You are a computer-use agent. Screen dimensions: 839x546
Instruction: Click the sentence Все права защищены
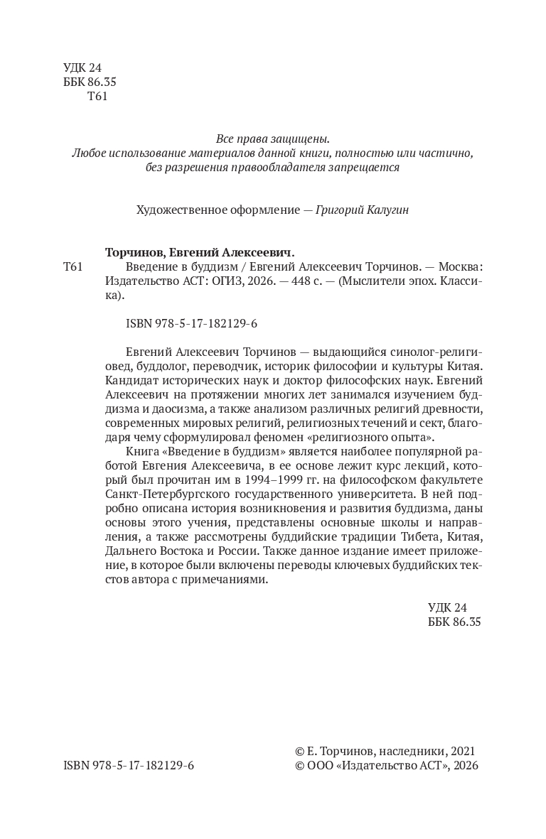coord(272,139)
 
